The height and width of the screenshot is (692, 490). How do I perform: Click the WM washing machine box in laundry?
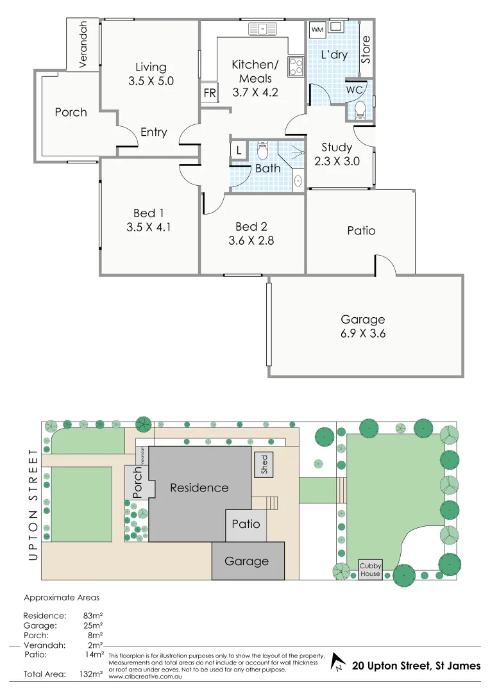tap(317, 29)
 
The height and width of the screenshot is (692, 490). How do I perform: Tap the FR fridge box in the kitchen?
tap(209, 92)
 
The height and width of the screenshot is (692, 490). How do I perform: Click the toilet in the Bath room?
tap(261, 151)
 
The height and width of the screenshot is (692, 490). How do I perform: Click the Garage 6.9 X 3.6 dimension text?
tap(363, 333)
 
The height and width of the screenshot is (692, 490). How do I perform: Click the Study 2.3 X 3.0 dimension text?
tap(337, 161)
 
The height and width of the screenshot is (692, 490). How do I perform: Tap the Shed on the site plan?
tap(263, 465)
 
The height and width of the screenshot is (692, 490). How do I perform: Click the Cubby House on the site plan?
tap(370, 570)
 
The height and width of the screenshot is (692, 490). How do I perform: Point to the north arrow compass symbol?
tap(338, 666)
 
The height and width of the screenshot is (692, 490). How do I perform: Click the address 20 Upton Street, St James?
tap(416, 666)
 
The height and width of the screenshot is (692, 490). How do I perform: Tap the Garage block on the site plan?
tap(247, 561)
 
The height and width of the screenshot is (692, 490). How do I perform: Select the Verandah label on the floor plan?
tap(83, 44)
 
